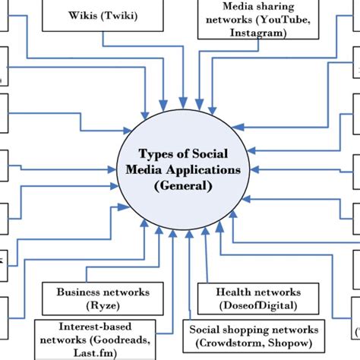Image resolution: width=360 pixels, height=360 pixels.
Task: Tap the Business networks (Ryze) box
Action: coord(103,297)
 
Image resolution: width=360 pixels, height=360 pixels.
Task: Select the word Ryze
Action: coord(103,304)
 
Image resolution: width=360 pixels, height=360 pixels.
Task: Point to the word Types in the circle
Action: coord(156,153)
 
